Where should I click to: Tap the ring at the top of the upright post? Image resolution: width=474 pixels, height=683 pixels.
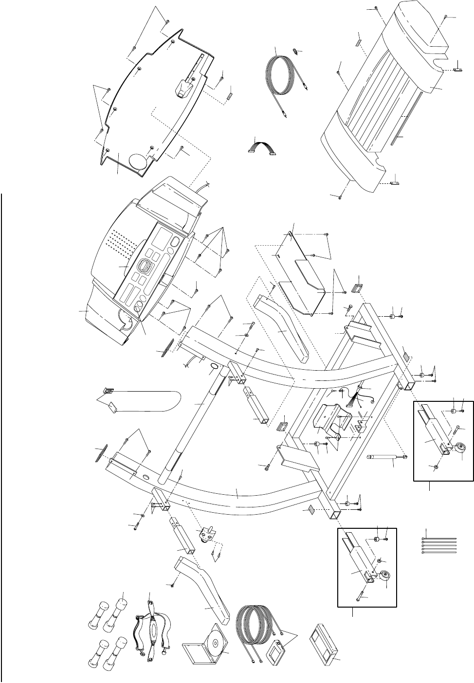point(214,365)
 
